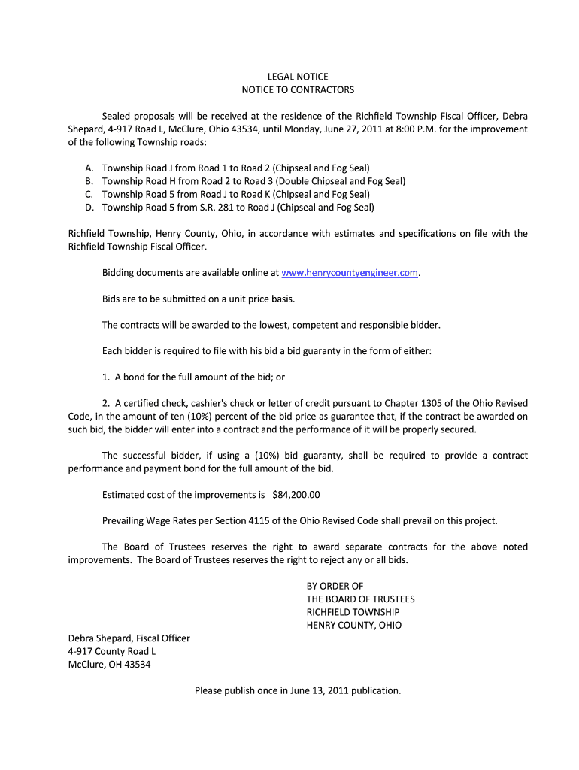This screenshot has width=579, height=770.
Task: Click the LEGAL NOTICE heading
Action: click(x=298, y=77)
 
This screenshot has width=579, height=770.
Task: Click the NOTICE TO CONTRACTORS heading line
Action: click(x=298, y=90)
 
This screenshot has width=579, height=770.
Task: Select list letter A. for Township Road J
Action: click(x=89, y=168)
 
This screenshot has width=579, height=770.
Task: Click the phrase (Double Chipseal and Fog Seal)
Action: click(x=341, y=181)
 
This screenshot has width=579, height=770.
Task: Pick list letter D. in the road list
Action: click(x=89, y=208)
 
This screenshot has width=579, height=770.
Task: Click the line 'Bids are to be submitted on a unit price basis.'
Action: click(x=199, y=299)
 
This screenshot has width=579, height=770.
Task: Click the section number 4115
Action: click(x=244, y=520)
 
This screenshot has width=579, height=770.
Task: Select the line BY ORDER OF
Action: click(x=335, y=586)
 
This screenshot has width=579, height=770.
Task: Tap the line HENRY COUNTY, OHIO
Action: click(x=354, y=626)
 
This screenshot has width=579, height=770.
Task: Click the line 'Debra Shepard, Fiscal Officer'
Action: click(x=129, y=638)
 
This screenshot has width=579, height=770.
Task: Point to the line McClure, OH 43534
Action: click(x=109, y=665)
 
